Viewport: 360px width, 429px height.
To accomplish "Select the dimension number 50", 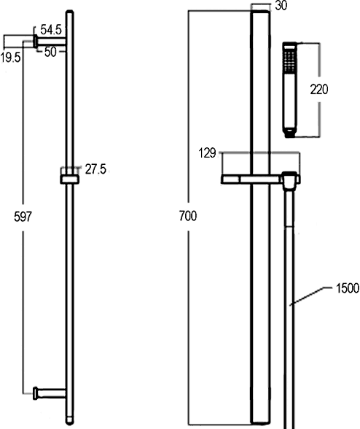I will (50, 52).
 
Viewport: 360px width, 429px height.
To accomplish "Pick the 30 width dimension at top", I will (281, 7).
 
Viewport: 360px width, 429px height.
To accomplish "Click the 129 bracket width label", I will (208, 153).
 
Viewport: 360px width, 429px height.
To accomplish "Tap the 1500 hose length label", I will (347, 288).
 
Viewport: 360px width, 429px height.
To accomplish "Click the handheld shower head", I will (289, 90).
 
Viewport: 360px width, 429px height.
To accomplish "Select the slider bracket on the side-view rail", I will (69, 177).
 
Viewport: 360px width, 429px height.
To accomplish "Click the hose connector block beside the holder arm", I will (290, 179).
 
